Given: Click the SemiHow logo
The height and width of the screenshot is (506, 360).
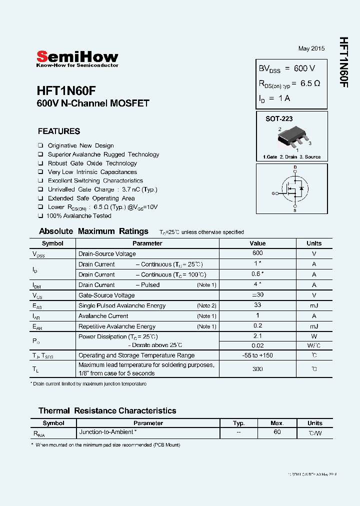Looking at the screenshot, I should click(x=77, y=58).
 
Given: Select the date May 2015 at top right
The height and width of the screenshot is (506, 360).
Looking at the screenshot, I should click(x=311, y=48).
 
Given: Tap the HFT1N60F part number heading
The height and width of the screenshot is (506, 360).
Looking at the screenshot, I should click(x=66, y=90).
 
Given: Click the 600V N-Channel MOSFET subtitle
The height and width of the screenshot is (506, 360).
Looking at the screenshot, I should click(x=93, y=104).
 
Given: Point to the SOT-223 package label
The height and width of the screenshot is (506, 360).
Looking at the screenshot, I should click(x=278, y=119).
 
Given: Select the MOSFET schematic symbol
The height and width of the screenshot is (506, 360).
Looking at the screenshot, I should click(x=292, y=189).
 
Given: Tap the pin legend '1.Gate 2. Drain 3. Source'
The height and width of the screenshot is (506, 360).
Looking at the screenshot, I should click(x=291, y=157).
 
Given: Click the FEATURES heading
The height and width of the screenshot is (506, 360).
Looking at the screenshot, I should click(x=59, y=131).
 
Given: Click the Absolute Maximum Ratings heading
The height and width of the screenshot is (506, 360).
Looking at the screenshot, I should click(x=93, y=231).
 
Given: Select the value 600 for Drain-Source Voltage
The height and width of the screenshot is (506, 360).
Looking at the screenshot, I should click(x=257, y=253).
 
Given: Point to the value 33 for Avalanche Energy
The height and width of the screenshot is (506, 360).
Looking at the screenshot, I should click(x=257, y=305).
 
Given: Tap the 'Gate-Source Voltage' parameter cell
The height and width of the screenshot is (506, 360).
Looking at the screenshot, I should click(x=106, y=295).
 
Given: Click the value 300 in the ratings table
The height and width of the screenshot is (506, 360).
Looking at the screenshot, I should click(x=257, y=369).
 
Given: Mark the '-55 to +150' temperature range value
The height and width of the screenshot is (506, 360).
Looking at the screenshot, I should click(x=257, y=355).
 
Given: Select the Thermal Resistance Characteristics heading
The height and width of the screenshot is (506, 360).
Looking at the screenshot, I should click(x=107, y=410).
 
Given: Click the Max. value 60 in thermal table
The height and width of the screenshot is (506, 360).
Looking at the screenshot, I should click(x=277, y=432).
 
